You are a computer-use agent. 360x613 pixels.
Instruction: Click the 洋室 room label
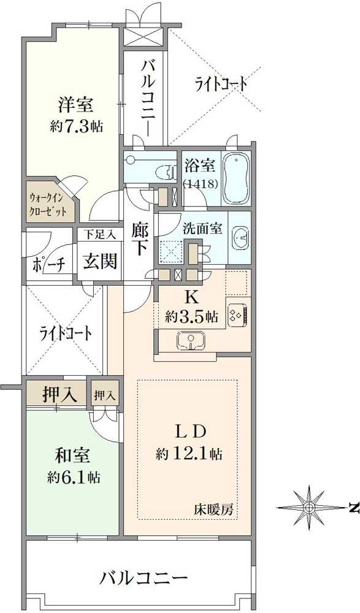pyautogui.click(x=76, y=104)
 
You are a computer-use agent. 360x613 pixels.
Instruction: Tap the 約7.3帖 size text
pyautogui.click(x=76, y=126)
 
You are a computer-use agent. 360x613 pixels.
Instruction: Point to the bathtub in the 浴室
pyautogui.click(x=236, y=178)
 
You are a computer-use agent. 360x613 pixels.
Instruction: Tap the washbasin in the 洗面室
pyautogui.click(x=240, y=237)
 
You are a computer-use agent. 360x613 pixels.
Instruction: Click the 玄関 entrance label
pyautogui.click(x=100, y=262)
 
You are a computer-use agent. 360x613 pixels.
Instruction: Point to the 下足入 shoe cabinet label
pyautogui.click(x=99, y=234)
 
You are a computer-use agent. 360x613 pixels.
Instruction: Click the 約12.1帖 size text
pyautogui.click(x=188, y=454)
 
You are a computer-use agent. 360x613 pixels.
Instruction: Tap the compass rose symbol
pyautogui.click(x=309, y=507)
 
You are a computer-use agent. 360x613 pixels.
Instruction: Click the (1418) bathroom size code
pyautogui.click(x=199, y=183)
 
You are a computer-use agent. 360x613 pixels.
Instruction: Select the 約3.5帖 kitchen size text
pyautogui.click(x=191, y=317)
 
